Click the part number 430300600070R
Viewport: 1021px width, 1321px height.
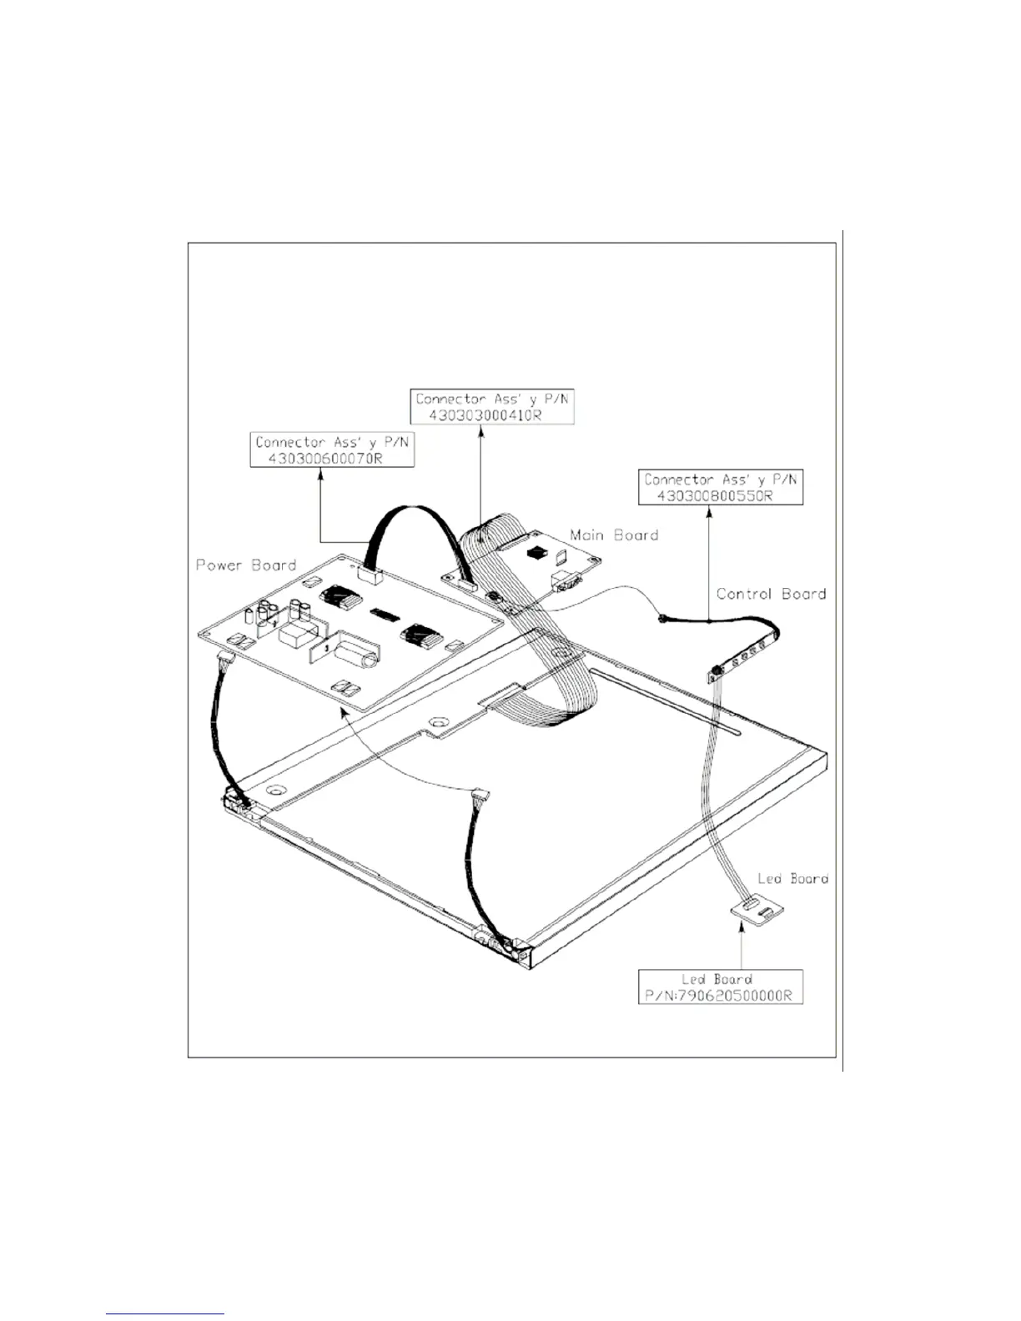(x=325, y=459)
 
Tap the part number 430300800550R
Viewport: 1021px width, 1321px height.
(x=716, y=495)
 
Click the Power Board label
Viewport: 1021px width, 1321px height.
(x=246, y=565)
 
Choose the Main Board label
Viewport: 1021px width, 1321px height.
(x=614, y=535)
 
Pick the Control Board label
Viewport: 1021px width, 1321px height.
(x=771, y=594)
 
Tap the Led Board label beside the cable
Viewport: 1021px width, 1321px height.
(x=792, y=878)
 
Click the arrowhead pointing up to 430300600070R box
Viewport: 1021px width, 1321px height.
(x=322, y=474)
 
